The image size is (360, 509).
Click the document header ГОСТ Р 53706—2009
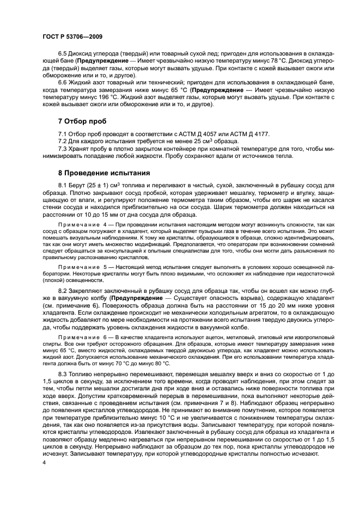tap(71, 36)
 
